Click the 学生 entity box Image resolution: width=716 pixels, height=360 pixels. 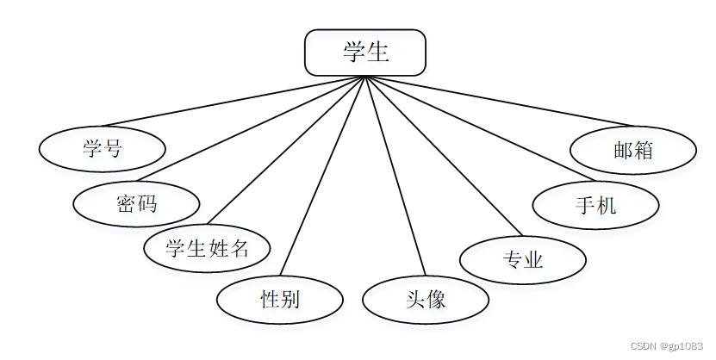(365, 53)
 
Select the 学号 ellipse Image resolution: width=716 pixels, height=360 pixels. (102, 149)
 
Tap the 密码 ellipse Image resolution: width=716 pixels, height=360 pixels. (136, 204)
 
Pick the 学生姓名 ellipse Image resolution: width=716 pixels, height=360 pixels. (208, 249)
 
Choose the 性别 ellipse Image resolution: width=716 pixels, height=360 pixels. (280, 300)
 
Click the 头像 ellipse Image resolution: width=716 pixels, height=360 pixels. (426, 300)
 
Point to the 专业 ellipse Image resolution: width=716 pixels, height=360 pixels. (523, 259)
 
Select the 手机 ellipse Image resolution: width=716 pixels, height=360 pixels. (596, 205)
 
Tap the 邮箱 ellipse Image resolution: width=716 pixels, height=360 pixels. (633, 151)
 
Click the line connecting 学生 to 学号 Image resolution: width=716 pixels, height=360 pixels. (233, 102)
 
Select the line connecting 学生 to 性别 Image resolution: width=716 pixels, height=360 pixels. (324, 176)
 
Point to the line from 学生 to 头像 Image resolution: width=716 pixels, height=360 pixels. (395, 176)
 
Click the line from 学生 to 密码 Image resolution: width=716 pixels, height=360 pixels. (258, 129)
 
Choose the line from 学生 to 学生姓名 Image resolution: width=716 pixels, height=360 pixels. (288, 152)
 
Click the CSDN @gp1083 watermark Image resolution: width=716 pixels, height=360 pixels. (667, 346)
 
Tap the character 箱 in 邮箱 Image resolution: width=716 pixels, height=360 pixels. (643, 151)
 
